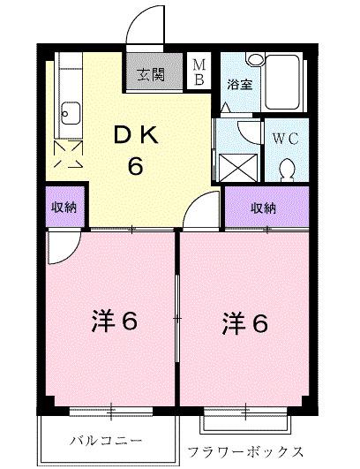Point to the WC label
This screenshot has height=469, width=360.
click(284, 139)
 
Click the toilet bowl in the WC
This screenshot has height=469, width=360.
click(287, 165)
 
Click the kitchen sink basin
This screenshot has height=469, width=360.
click(70, 113)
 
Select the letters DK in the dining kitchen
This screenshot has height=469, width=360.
click(135, 136)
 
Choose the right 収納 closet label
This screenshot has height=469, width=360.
click(263, 208)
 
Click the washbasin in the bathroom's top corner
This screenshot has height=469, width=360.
click(254, 59)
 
